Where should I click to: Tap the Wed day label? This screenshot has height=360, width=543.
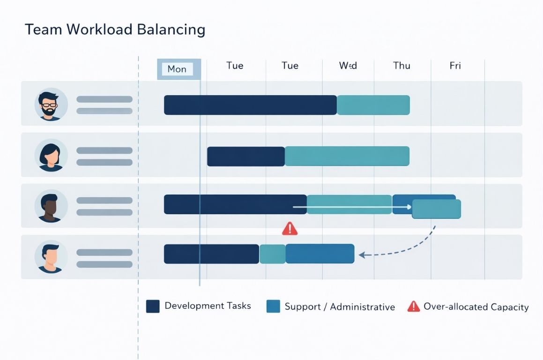click(x=348, y=66)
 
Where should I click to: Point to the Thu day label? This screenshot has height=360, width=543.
click(x=402, y=66)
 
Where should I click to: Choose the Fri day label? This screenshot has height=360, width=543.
click(x=455, y=66)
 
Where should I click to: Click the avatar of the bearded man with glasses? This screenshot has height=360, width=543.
click(x=51, y=105)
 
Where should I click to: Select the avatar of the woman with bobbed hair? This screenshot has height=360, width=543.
click(x=51, y=155)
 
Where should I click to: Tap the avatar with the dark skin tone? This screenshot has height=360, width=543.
click(x=51, y=206)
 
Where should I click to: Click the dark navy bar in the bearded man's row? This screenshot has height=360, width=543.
click(x=250, y=105)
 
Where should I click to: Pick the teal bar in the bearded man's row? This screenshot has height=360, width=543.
click(x=373, y=105)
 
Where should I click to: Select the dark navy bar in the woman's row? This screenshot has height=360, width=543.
click(x=245, y=157)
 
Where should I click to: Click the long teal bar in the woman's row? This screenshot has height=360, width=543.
click(x=347, y=157)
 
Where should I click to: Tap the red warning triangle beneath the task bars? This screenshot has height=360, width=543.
click(x=290, y=228)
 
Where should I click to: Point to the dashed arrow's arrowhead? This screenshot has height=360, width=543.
click(x=362, y=255)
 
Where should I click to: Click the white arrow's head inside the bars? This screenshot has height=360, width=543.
click(x=409, y=207)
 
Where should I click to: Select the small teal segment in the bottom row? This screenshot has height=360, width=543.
click(x=272, y=254)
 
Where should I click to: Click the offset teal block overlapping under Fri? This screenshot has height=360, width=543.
click(x=436, y=209)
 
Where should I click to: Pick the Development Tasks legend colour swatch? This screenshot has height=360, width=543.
click(x=153, y=306)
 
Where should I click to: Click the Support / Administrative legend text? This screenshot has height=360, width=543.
click(x=340, y=307)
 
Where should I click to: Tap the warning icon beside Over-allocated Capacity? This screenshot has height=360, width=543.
click(x=413, y=307)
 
